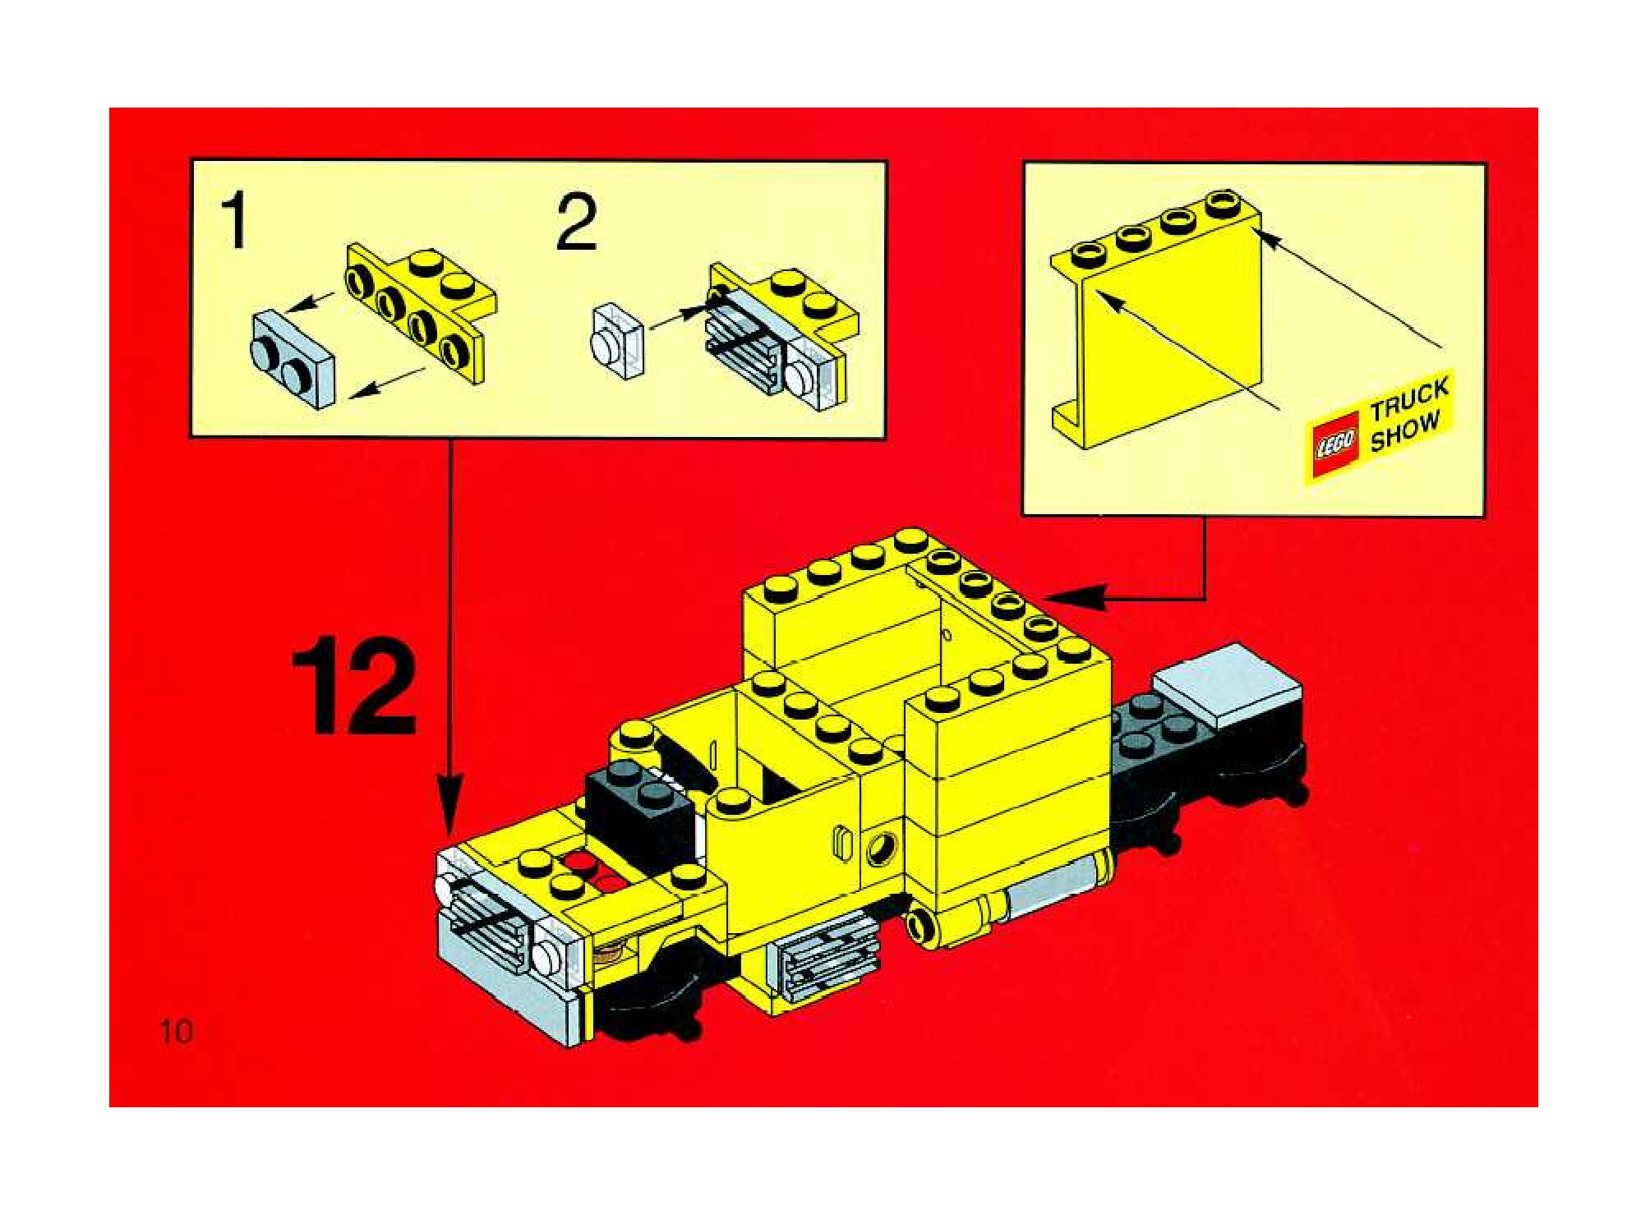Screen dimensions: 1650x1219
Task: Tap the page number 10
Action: (x=177, y=1031)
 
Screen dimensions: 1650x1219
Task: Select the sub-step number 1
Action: (x=235, y=219)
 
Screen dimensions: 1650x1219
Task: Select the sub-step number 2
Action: (x=576, y=222)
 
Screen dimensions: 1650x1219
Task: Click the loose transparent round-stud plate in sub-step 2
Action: (x=618, y=340)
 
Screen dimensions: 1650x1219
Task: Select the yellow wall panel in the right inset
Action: (x=1157, y=320)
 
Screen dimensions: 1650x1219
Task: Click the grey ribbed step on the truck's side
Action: (x=825, y=960)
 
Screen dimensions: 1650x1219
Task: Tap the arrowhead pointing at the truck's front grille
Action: (x=450, y=814)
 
